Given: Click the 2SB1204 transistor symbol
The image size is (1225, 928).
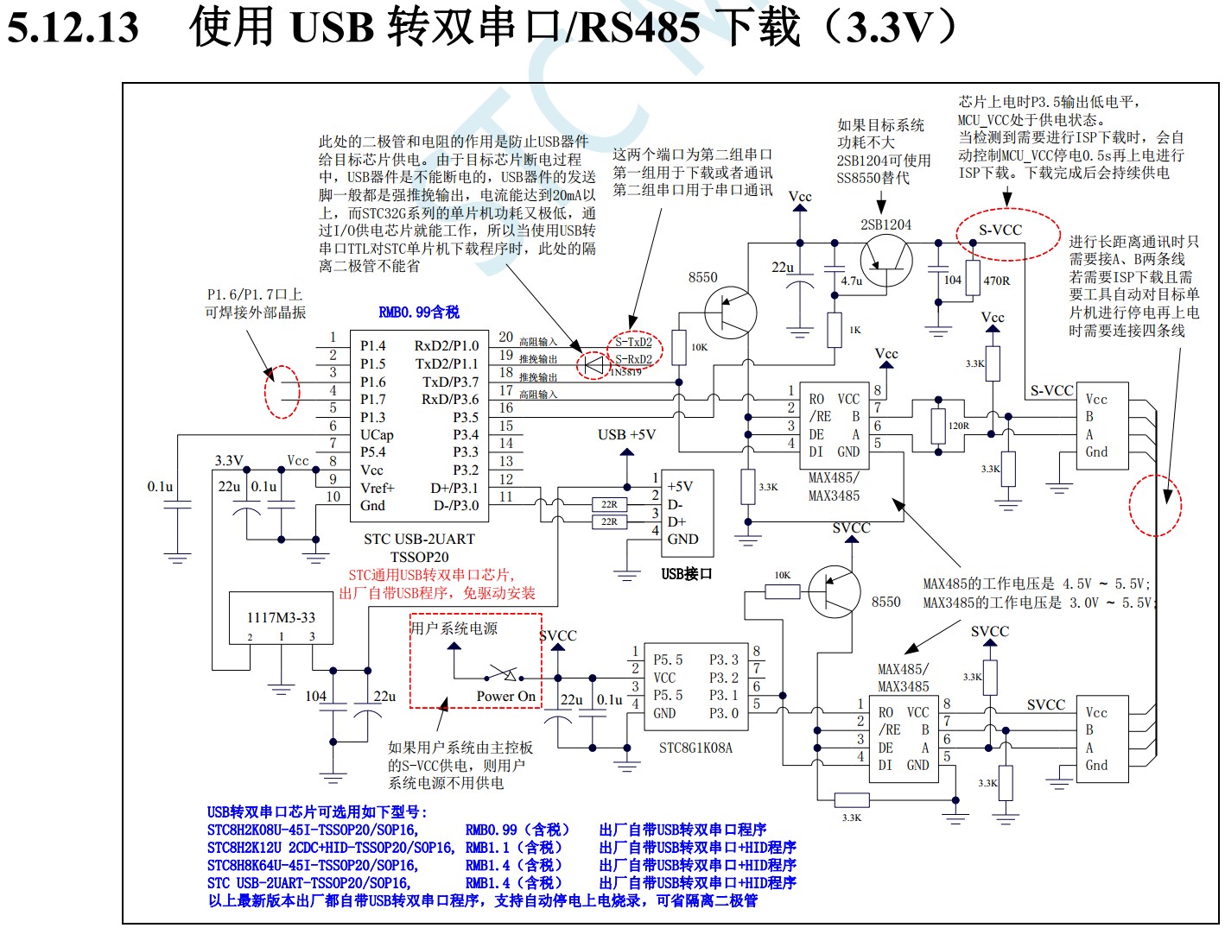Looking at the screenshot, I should (885, 259).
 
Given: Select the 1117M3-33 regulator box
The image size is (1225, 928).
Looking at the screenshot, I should (281, 618).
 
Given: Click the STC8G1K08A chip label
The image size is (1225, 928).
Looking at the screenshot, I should (695, 748).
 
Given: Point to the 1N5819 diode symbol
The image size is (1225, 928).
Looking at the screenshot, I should (593, 365).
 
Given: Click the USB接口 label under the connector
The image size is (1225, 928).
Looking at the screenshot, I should (687, 574).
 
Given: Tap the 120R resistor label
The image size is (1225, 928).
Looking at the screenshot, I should (959, 426).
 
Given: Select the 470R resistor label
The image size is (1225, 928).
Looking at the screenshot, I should (997, 281).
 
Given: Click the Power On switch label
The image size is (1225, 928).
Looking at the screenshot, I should (505, 696).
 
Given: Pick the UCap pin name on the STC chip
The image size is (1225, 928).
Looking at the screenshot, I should (377, 434).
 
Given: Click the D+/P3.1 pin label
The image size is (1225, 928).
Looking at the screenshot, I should (454, 488).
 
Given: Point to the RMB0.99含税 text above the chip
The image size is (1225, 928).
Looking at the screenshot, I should (419, 312).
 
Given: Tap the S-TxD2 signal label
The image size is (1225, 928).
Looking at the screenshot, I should (633, 342).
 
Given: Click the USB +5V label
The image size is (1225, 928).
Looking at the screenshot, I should (626, 434).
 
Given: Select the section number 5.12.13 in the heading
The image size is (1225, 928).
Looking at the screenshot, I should (73, 28).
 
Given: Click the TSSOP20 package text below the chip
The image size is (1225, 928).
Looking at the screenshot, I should (419, 557).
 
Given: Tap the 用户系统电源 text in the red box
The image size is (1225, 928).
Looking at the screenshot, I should (454, 628).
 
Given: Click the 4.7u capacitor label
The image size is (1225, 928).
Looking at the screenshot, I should (852, 281).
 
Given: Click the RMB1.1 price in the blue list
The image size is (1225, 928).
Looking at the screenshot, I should (513, 848).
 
